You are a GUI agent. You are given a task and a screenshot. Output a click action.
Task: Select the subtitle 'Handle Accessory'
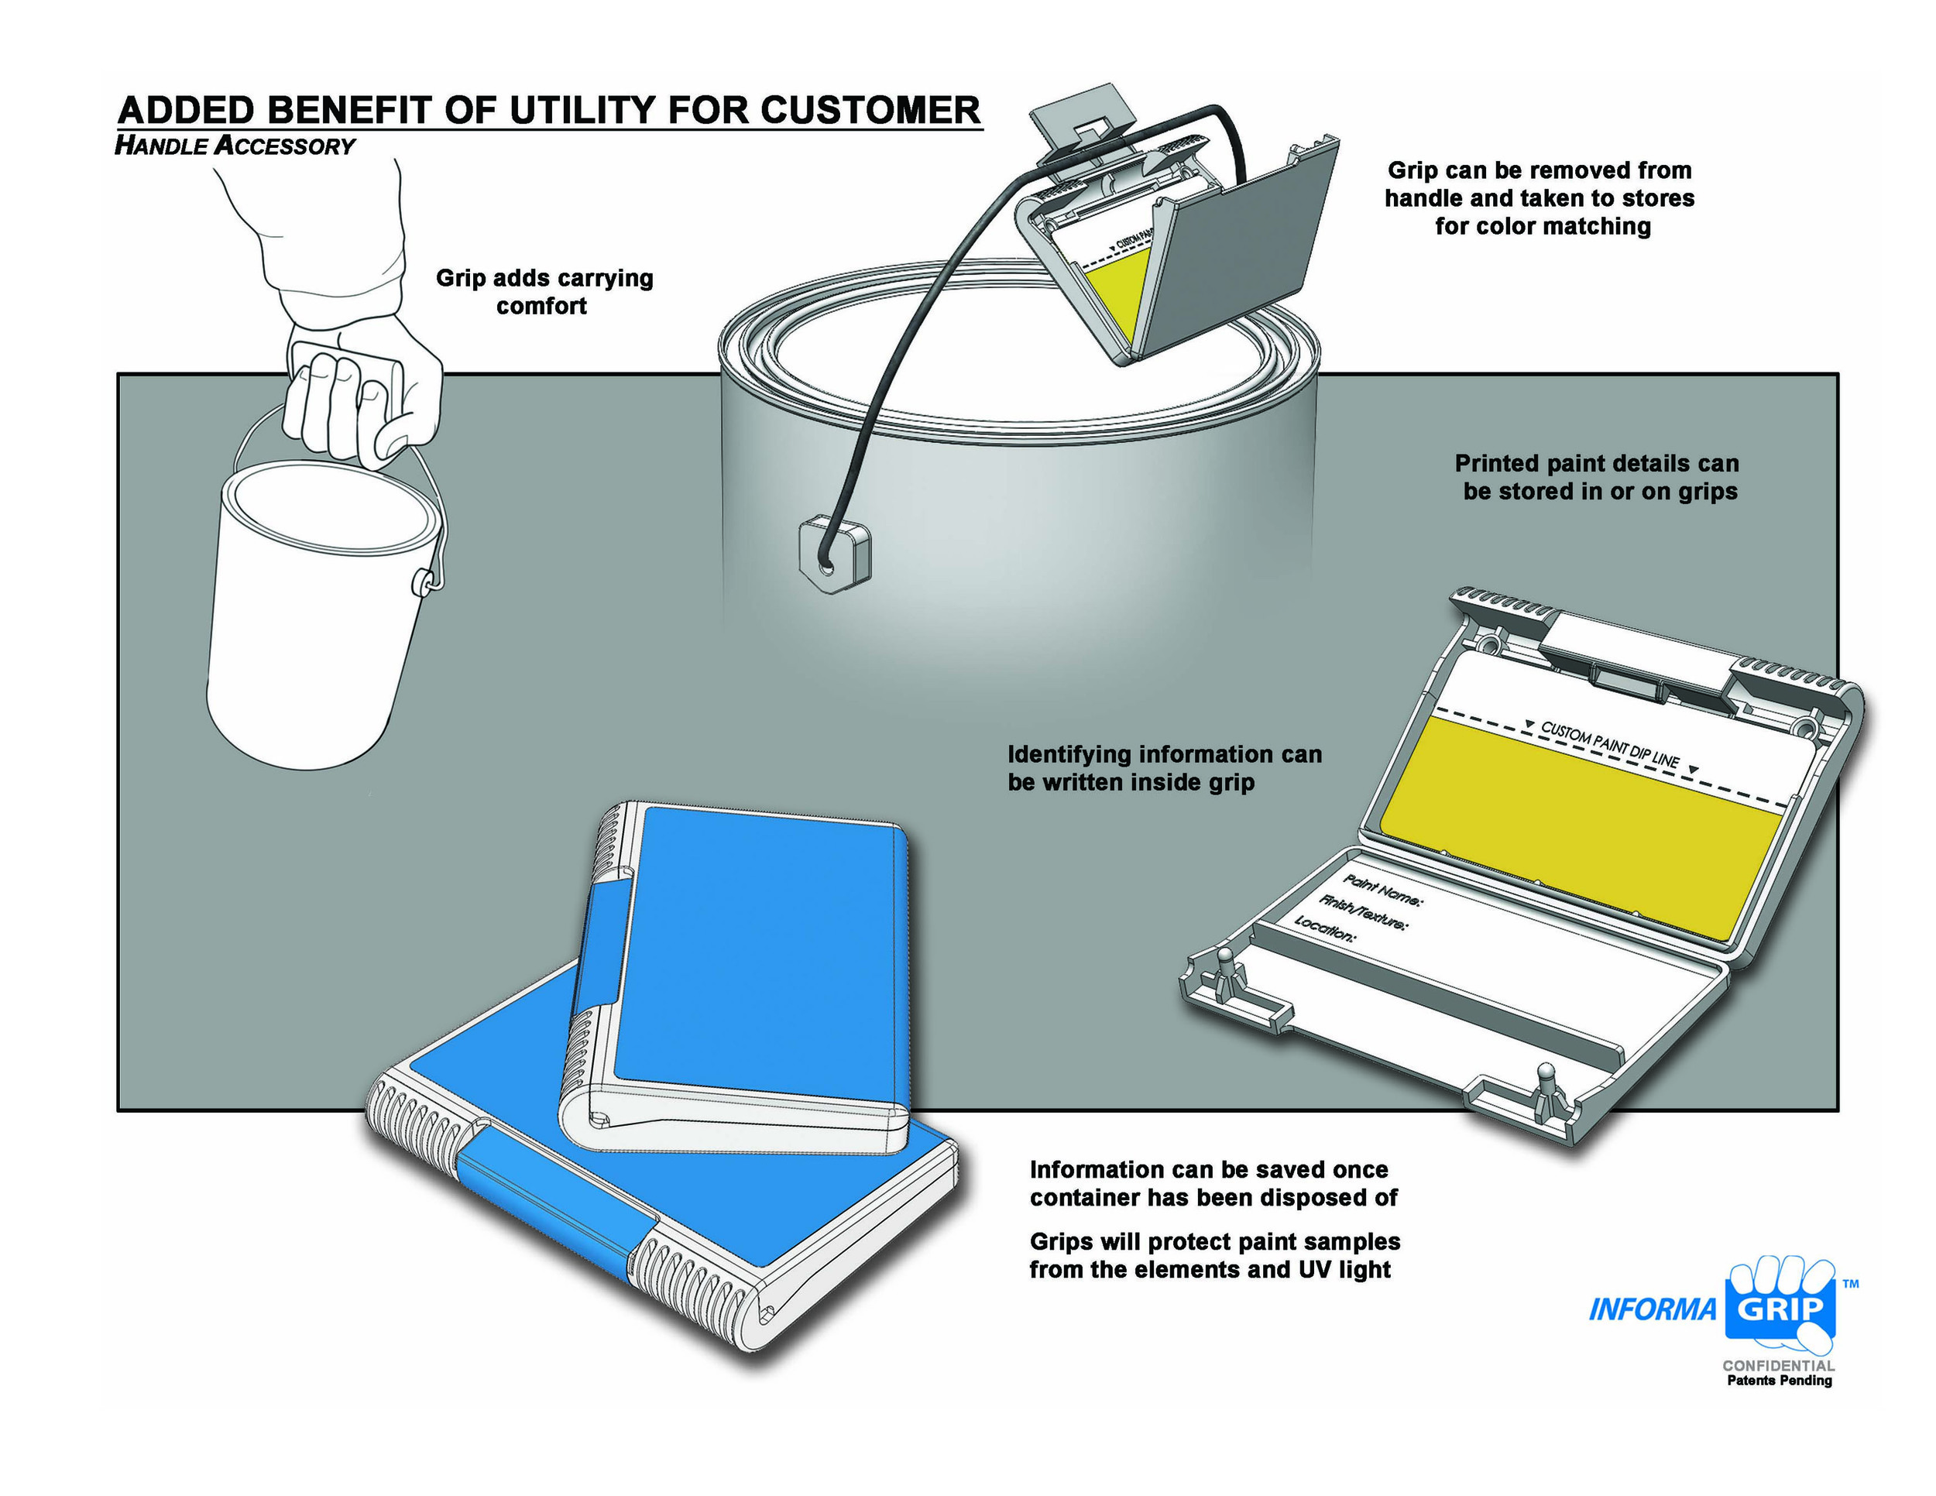click(x=235, y=146)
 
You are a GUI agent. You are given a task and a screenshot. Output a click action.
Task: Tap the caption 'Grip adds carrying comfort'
click(x=544, y=292)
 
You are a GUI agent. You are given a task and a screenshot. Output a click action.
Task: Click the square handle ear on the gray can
click(x=834, y=556)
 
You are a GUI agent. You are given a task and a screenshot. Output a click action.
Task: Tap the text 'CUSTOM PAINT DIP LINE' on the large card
click(x=1609, y=743)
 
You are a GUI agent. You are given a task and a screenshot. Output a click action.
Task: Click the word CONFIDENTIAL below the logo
click(x=1778, y=1366)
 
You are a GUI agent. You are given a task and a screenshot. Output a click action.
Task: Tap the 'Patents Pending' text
click(x=1778, y=1381)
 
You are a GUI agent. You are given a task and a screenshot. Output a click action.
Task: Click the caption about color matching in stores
click(x=1540, y=197)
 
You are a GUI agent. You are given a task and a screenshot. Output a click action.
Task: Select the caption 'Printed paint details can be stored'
click(x=1598, y=477)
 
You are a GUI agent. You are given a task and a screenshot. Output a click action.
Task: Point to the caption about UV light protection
click(x=1213, y=1256)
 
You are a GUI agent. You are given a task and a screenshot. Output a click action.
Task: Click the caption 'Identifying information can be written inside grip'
click(x=1164, y=767)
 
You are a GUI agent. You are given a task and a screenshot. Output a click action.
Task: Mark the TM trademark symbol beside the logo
click(x=1850, y=1283)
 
